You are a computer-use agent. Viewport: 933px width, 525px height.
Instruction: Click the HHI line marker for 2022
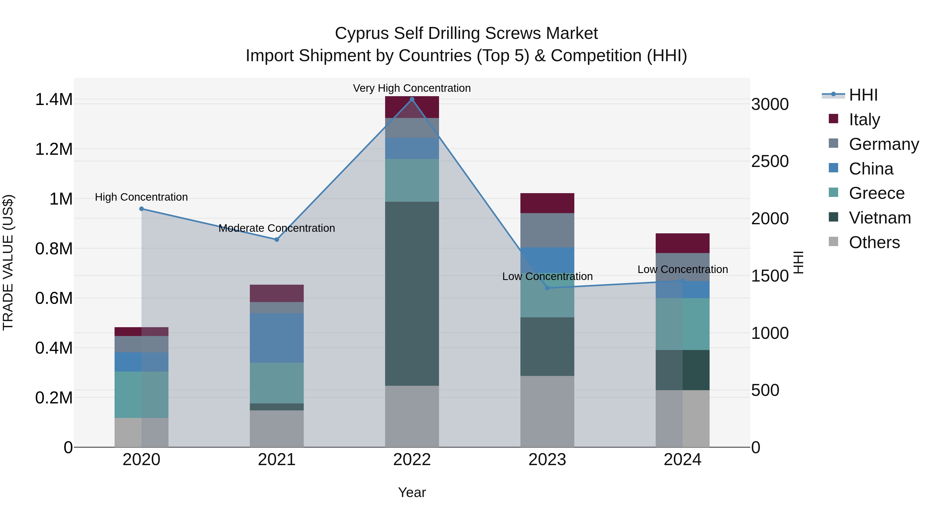412,99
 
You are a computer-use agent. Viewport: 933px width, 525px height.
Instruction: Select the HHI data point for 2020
142,209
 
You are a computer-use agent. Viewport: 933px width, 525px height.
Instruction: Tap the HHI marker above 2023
547,288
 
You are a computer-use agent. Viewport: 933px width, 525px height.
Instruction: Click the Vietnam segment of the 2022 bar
412,293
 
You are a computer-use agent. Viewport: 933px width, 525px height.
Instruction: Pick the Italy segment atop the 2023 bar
547,203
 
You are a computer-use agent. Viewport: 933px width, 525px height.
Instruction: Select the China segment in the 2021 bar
277,338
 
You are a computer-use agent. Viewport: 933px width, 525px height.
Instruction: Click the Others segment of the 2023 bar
547,411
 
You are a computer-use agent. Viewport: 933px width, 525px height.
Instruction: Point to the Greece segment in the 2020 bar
142,395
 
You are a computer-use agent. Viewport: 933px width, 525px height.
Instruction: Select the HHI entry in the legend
863,95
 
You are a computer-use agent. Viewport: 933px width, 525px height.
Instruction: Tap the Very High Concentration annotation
412,88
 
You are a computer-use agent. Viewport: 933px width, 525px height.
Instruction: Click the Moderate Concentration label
277,228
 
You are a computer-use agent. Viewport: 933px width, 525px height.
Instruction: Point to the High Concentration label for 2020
142,197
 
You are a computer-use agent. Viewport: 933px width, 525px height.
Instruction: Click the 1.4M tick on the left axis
54,100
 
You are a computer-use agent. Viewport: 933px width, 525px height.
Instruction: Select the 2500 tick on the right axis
770,162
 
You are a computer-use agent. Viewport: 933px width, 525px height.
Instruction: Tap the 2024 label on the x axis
682,460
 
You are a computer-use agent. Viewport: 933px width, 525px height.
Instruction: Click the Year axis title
412,492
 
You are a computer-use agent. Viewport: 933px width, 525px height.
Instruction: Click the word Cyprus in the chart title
362,33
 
